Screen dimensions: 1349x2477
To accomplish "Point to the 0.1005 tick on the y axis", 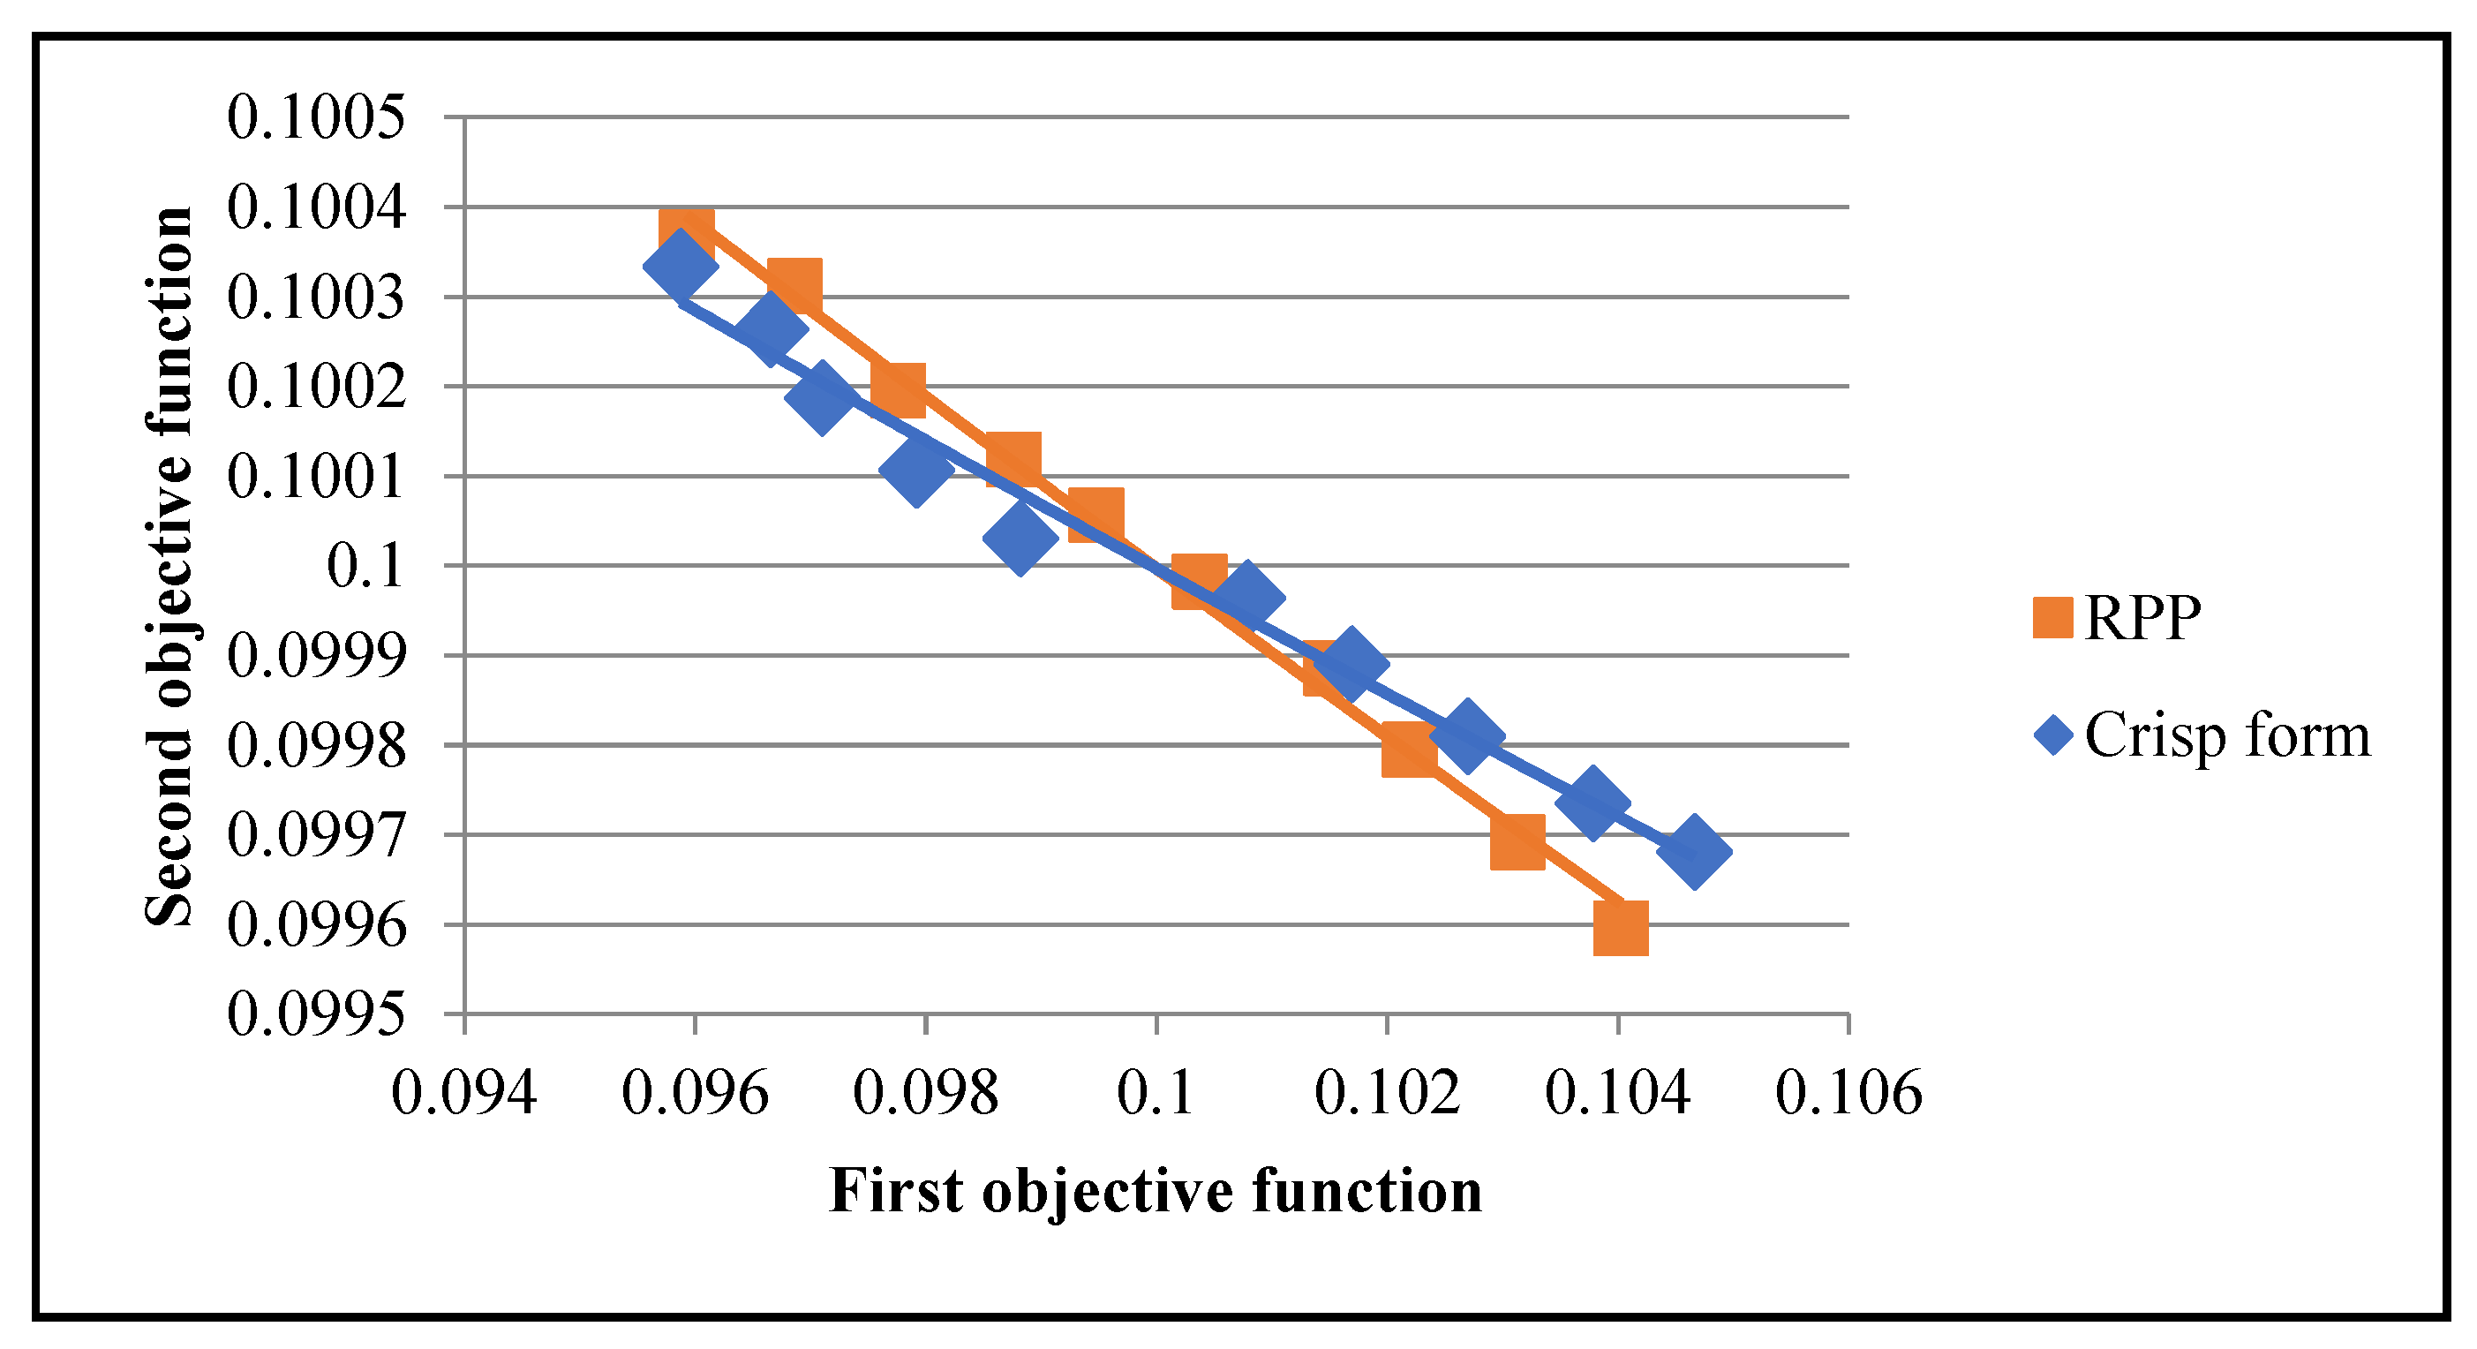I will [x=315, y=117].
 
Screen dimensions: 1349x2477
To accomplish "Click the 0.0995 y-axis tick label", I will [x=315, y=1014].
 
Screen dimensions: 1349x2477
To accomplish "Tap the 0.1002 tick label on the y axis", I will [x=315, y=387].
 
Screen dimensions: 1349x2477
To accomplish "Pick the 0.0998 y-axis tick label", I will [x=315, y=745].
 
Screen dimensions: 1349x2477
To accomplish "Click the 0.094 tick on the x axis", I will [x=463, y=1093].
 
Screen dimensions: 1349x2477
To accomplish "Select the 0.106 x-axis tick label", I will [x=1848, y=1093].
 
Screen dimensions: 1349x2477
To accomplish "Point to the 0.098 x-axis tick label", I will [x=925, y=1093].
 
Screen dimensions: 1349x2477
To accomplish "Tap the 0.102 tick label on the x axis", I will [x=1387, y=1093].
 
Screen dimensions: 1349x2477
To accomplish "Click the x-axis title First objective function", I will [x=1155, y=1190].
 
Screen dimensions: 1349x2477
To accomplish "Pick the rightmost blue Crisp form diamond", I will [x=1694, y=851].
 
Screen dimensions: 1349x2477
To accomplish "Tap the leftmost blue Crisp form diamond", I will [x=680, y=265].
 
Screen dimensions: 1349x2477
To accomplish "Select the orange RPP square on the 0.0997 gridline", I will [x=1518, y=841].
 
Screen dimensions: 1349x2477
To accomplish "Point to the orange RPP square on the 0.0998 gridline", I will [x=1410, y=749].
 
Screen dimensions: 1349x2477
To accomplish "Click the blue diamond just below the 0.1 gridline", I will [x=1247, y=595].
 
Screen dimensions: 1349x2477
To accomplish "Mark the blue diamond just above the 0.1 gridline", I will [x=1020, y=537].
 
